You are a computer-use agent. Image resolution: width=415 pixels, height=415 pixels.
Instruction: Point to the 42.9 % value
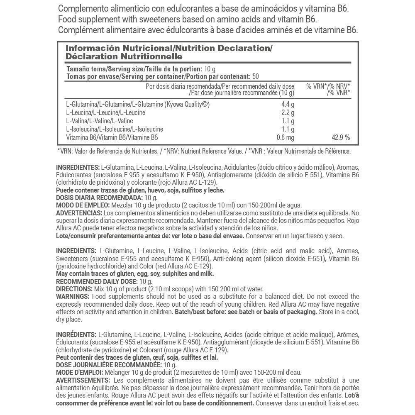[341, 137]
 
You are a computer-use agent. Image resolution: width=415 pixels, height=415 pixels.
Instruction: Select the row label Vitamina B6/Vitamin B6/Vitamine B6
[112, 137]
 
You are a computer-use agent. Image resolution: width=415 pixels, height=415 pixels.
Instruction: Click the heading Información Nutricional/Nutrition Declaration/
[169, 48]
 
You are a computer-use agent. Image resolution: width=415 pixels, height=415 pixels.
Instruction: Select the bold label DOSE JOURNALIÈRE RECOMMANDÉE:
[108, 365]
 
